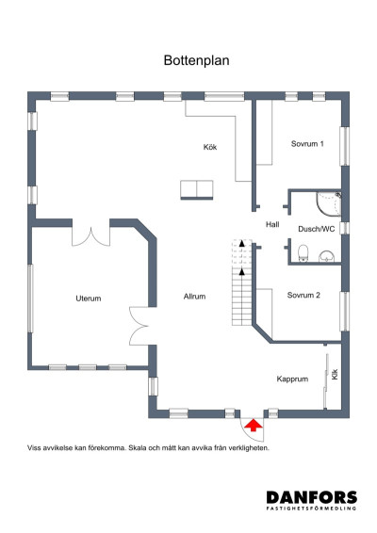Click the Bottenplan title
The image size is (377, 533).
(196, 61)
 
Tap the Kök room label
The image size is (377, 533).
(210, 147)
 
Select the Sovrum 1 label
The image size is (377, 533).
(307, 144)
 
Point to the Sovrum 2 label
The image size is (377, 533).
(303, 295)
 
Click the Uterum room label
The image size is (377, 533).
(89, 299)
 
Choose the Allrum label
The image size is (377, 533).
(194, 297)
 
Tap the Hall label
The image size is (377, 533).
(272, 224)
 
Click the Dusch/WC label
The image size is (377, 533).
(317, 229)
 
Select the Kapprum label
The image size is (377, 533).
(292, 379)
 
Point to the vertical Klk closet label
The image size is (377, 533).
(335, 374)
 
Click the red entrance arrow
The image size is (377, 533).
(254, 426)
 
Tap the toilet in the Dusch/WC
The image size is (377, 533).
(303, 253)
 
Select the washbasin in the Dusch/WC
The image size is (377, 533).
(327, 256)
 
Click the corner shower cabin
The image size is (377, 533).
(328, 203)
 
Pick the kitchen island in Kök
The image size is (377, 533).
(197, 190)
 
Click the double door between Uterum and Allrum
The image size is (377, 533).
(139, 326)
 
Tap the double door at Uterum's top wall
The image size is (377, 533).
(90, 236)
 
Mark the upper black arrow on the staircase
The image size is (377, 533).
(241, 243)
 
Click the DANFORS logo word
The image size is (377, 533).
(312, 497)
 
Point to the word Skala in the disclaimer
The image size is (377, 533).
(137, 448)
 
